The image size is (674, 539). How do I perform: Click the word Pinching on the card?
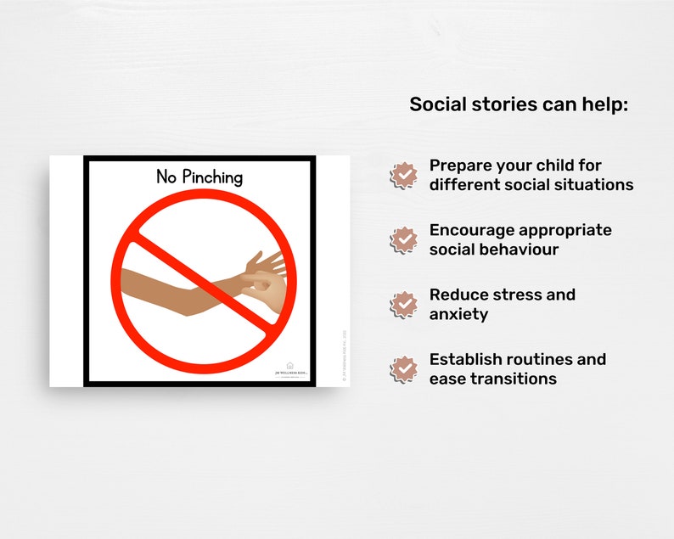tap(211, 177)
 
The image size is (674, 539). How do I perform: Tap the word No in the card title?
tap(166, 177)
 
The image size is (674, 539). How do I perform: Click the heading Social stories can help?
tap(519, 104)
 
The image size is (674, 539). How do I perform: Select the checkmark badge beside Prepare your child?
tap(404, 175)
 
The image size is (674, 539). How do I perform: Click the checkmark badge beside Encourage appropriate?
tap(404, 239)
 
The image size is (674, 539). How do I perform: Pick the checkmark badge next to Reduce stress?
tap(404, 304)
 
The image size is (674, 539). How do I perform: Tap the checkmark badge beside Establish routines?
tap(404, 368)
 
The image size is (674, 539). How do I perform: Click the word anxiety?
tap(458, 314)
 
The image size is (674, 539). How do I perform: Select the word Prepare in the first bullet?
tap(463, 166)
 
